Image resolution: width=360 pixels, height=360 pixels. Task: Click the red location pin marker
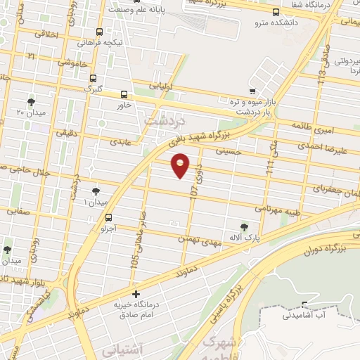pos(181,165)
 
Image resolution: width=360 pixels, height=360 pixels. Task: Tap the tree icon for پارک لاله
pos(244,227)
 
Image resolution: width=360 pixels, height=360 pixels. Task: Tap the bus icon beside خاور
pos(124,94)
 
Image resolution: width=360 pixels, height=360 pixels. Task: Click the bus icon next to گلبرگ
pos(93,79)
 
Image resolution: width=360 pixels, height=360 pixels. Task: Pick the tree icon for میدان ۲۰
pos(30,102)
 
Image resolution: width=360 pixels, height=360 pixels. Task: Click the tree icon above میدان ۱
pos(96,191)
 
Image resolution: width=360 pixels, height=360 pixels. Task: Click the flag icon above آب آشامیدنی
pos(304,305)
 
